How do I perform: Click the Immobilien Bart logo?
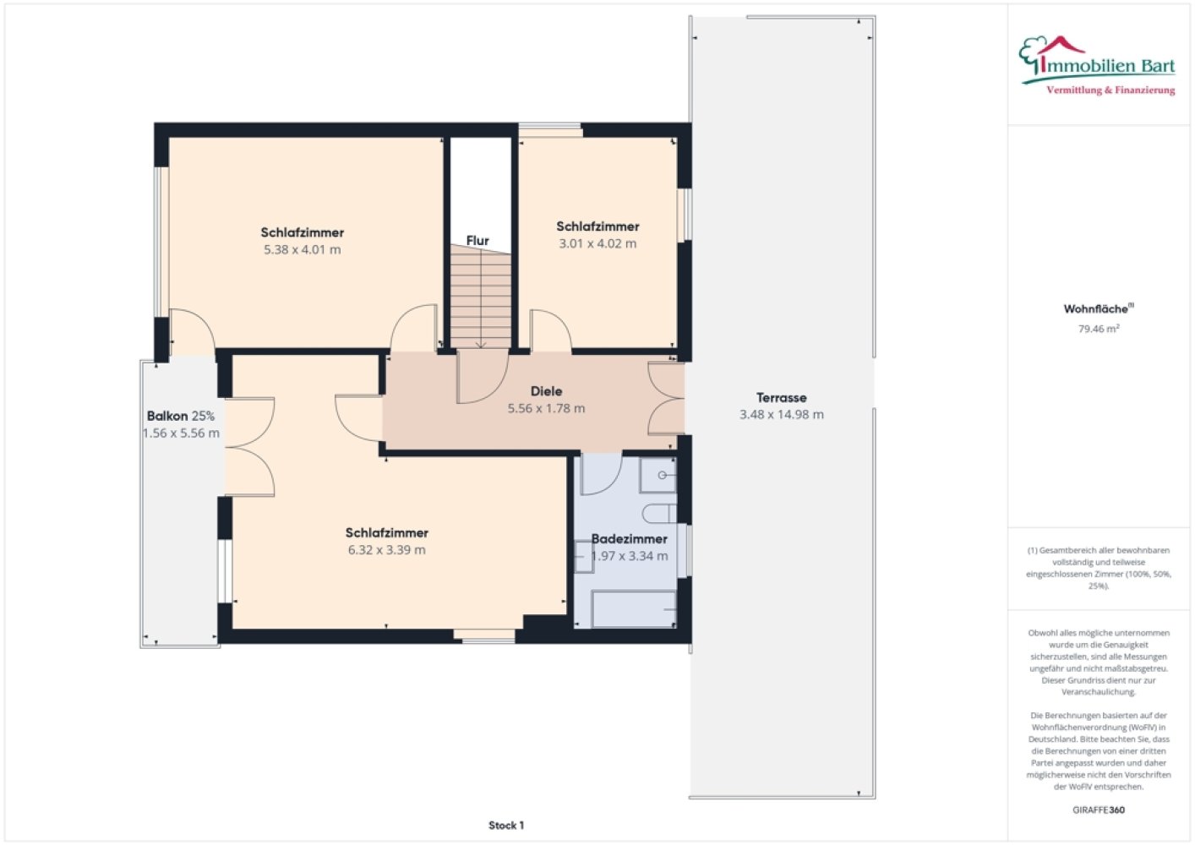click(x=1097, y=66)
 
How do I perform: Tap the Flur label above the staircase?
click(x=477, y=241)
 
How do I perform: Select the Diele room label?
click(x=546, y=391)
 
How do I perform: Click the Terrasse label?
click(x=782, y=397)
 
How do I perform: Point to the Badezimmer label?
click(x=630, y=539)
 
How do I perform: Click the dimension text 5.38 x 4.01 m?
click(x=302, y=249)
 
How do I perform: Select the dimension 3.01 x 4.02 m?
click(x=597, y=244)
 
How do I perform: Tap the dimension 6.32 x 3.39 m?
click(x=387, y=550)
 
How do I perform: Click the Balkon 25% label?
click(x=181, y=416)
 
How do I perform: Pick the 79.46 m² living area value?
click(x=1099, y=329)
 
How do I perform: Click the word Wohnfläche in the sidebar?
click(x=1096, y=309)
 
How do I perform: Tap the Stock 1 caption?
click(x=506, y=826)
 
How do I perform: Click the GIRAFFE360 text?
click(x=1099, y=810)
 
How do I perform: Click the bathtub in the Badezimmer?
click(x=634, y=608)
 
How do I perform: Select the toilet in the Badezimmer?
click(x=659, y=514)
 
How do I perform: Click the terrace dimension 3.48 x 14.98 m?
click(x=782, y=415)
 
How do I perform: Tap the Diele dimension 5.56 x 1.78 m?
click(x=546, y=409)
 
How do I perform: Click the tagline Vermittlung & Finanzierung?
click(x=1110, y=90)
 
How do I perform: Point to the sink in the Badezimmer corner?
click(x=658, y=475)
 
